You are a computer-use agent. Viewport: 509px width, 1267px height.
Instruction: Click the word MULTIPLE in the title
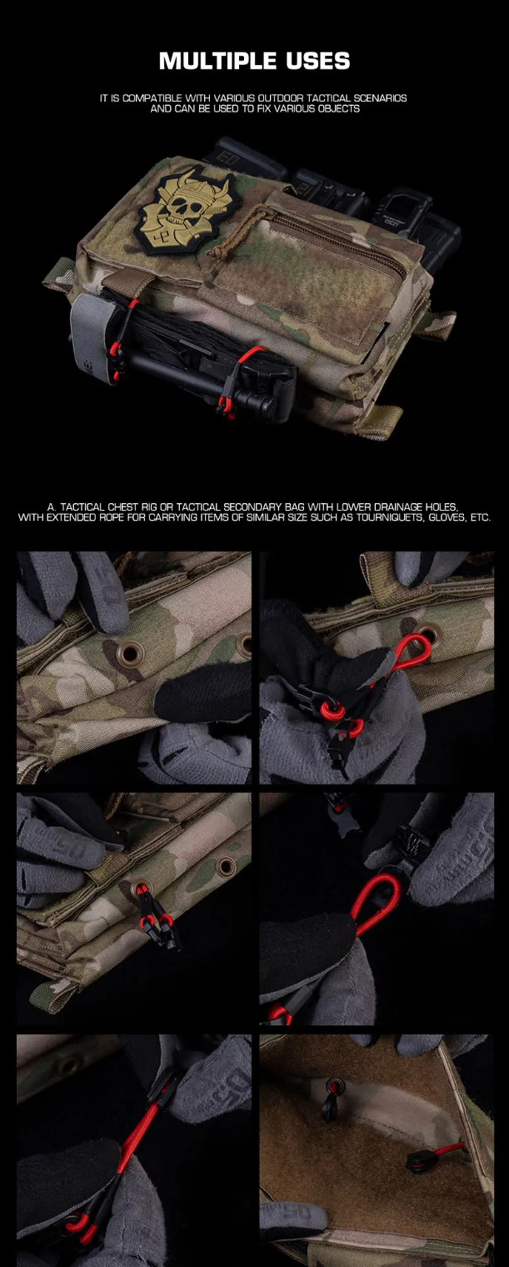[218, 61]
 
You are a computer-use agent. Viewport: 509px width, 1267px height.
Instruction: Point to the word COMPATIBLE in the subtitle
[152, 98]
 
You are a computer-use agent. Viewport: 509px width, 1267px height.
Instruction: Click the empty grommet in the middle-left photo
[224, 864]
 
